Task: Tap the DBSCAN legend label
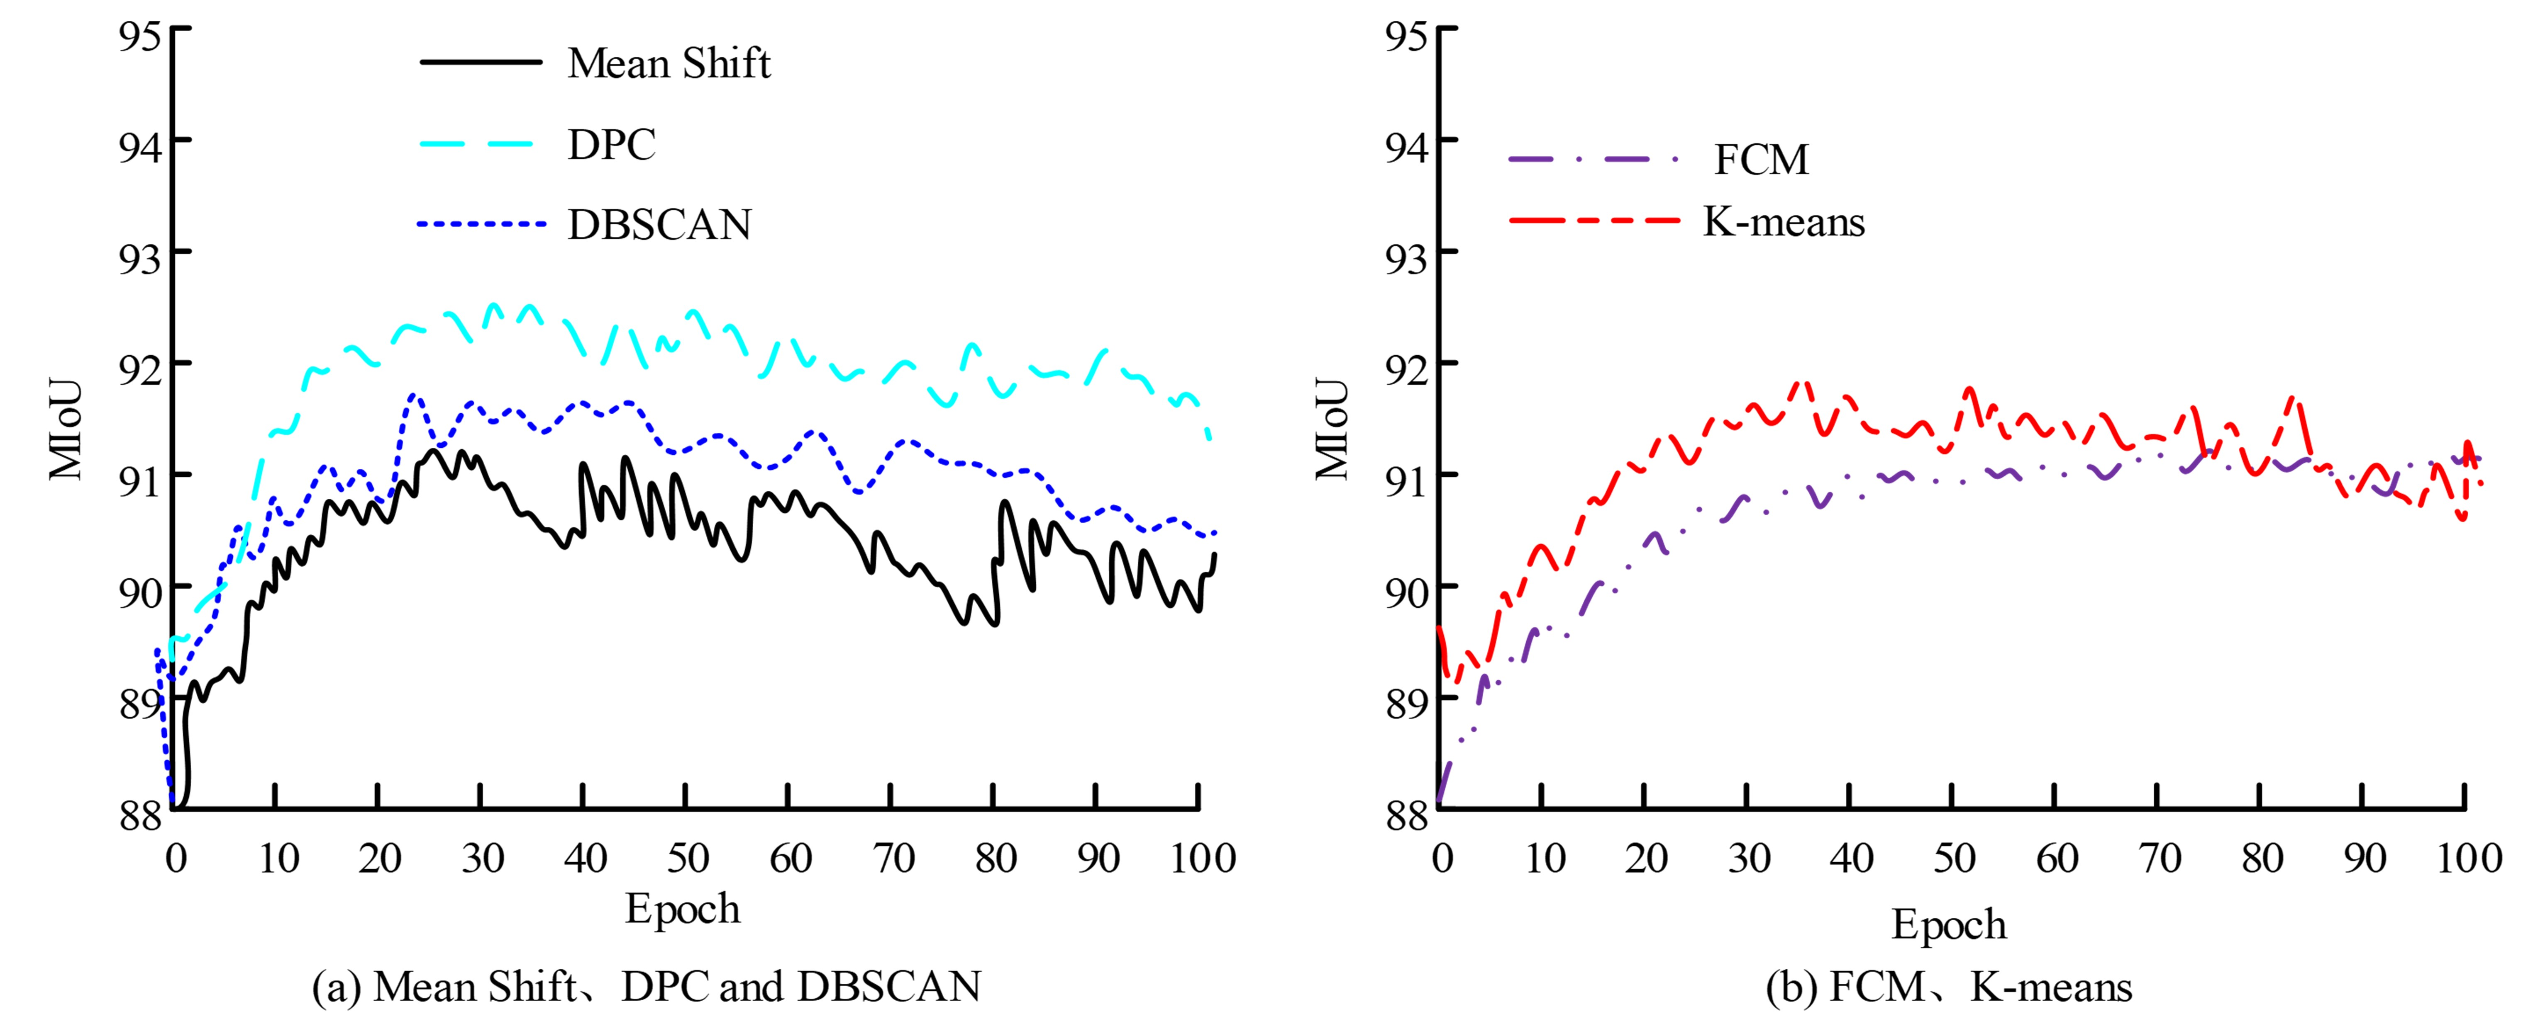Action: click(659, 225)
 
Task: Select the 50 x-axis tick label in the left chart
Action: click(687, 858)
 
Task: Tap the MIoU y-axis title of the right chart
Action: click(1332, 429)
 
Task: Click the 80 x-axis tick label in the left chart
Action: click(995, 858)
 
